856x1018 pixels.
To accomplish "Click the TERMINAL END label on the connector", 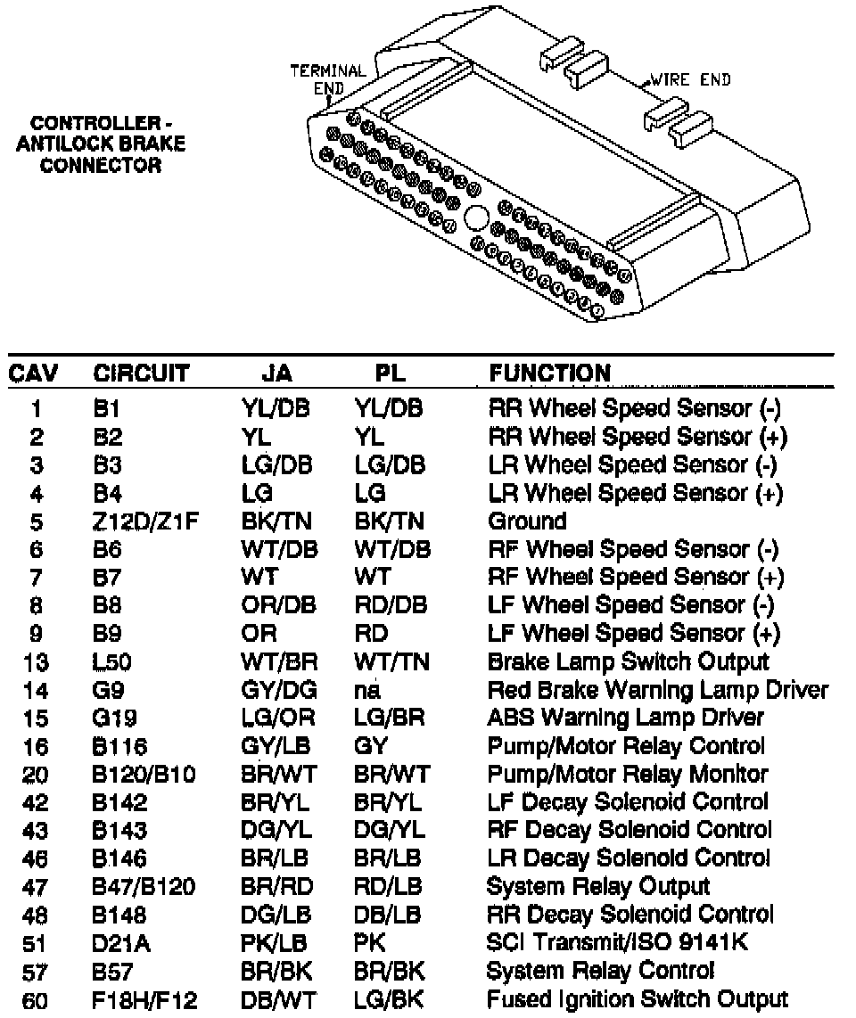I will click(328, 79).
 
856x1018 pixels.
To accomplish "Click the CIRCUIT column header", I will click(141, 373).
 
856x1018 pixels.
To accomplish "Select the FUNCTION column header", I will click(549, 373).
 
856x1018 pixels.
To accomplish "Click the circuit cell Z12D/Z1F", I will click(145, 521).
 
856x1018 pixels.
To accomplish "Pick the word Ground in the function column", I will click(527, 521).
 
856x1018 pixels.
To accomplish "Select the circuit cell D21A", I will click(122, 942).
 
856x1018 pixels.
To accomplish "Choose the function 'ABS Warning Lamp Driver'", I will click(625, 718).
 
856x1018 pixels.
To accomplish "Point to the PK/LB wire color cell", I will click(272, 942).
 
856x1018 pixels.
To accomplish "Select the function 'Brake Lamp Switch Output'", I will click(628, 661).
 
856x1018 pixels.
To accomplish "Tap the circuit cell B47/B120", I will click(144, 886).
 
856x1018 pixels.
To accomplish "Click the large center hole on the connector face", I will click(476, 218).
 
